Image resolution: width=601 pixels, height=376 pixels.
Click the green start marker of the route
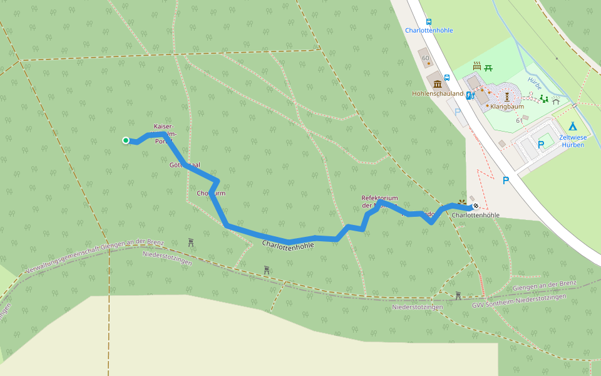click(126, 140)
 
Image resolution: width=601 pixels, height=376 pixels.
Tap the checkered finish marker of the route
click(476, 206)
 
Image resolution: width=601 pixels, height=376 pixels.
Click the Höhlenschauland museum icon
click(437, 84)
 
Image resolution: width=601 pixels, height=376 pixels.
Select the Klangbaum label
click(506, 107)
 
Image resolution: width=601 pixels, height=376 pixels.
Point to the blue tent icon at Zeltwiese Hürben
click(572, 126)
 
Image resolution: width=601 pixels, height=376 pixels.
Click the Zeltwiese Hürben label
click(572, 140)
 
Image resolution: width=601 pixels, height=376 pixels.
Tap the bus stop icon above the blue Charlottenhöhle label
click(428, 21)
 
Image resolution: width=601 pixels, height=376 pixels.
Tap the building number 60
click(426, 59)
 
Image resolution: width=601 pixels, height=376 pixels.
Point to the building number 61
click(519, 120)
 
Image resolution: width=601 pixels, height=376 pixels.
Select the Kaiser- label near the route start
click(164, 126)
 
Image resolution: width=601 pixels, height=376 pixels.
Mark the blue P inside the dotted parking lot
click(541, 144)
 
